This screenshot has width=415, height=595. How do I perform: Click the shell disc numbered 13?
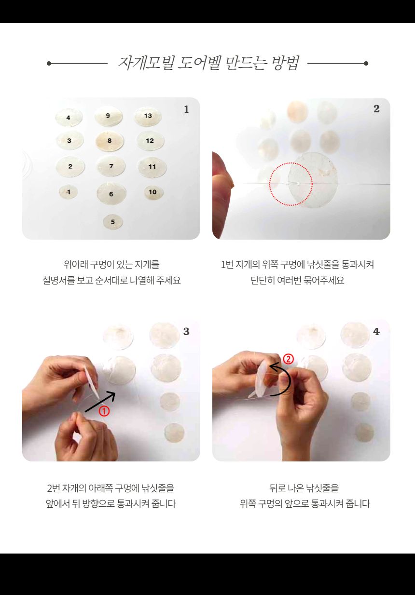148,116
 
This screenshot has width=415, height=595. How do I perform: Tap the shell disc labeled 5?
113,222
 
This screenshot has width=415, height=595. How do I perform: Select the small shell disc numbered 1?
69,192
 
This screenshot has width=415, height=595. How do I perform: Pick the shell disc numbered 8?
110,141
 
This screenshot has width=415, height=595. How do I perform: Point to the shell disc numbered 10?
153,192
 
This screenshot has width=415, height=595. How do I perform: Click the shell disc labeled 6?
111,194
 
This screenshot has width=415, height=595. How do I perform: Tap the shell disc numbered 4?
69,118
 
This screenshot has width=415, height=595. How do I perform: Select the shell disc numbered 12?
150,141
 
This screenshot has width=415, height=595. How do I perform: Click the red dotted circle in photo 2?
290,184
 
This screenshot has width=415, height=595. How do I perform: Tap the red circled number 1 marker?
104,411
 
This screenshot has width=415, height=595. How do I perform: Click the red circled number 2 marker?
288,359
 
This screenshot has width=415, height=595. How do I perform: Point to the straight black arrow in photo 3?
100,403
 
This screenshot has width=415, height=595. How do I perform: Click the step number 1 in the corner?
186,109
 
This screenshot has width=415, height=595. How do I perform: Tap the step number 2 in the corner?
376,109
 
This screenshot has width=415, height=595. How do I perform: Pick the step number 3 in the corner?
186,332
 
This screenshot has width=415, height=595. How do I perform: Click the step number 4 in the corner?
376,332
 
